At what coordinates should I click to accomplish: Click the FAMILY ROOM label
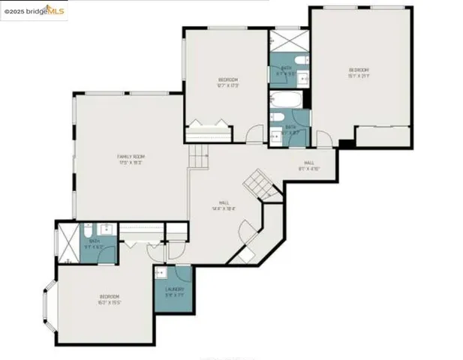(130, 154)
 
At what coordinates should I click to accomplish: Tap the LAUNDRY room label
(173, 289)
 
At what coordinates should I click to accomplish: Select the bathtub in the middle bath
(287, 100)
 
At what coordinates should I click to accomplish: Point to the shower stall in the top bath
(284, 40)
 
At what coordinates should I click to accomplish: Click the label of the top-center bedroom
(228, 79)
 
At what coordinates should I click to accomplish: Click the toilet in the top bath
(298, 60)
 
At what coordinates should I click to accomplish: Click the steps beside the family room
(198, 157)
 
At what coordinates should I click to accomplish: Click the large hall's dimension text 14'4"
(224, 208)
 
